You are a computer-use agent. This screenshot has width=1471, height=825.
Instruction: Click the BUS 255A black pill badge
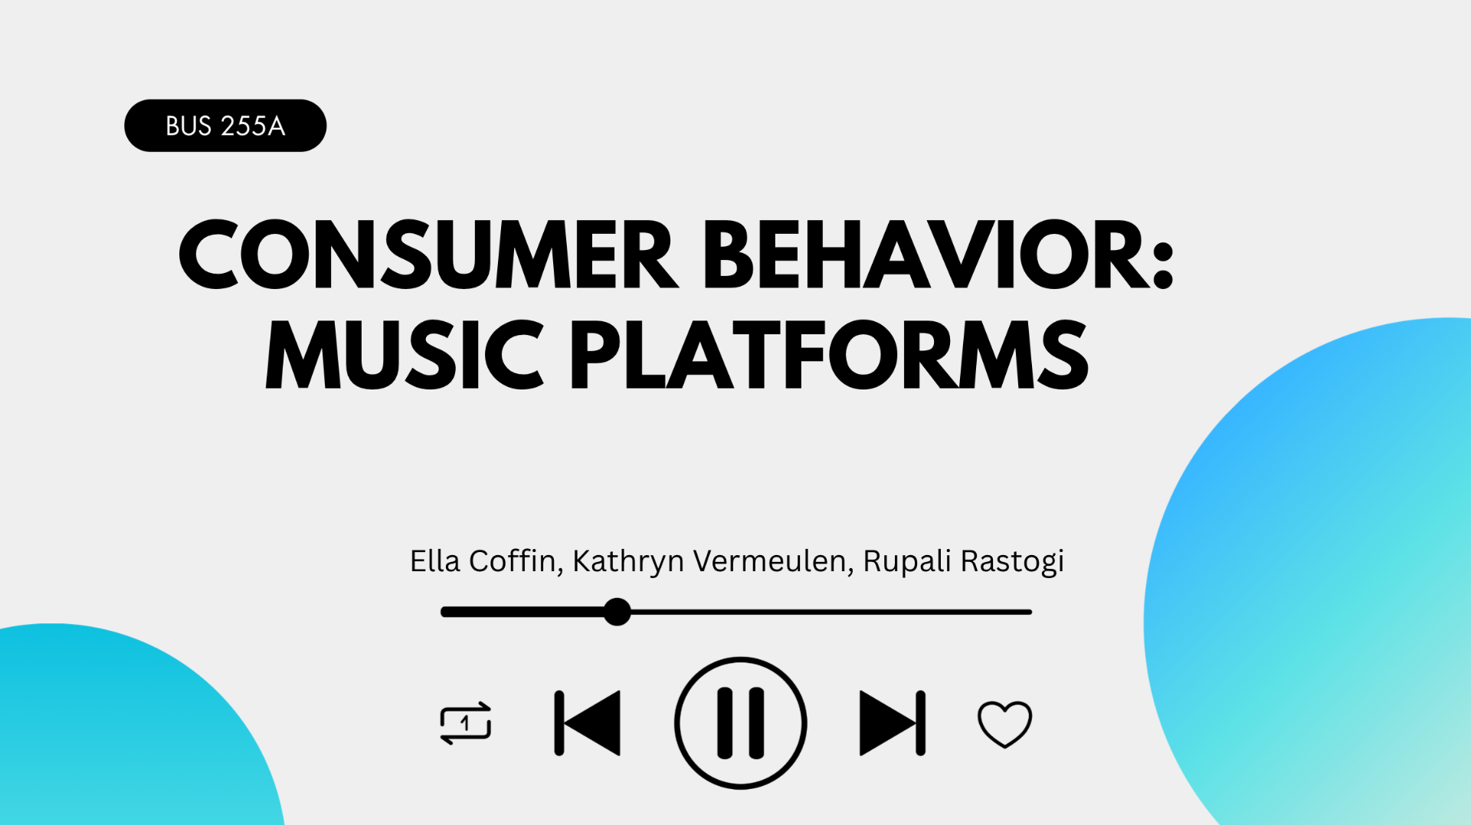pos(225,125)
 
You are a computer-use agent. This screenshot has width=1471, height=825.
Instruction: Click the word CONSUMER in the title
pos(426,255)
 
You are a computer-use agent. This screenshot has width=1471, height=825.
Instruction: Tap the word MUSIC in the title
pos(404,355)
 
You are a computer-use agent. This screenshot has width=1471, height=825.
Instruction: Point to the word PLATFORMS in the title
pos(829,355)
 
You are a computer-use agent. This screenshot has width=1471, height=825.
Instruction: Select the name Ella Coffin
pos(482,561)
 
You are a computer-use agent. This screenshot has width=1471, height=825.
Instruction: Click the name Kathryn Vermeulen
pos(709,561)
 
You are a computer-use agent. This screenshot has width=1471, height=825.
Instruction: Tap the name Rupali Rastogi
pos(963,561)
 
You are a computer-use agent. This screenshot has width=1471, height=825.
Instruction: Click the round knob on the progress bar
pos(617,612)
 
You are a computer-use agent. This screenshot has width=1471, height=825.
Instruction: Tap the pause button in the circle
pos(740,723)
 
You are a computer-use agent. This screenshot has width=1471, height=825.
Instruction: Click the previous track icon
pos(588,723)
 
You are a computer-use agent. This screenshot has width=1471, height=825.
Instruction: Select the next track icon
pos(892,723)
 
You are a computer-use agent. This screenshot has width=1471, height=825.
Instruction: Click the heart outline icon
pos(1004,724)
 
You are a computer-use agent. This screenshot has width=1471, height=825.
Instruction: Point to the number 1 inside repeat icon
pos(465,722)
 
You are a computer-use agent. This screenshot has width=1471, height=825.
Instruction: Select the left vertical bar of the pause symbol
pos(725,723)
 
